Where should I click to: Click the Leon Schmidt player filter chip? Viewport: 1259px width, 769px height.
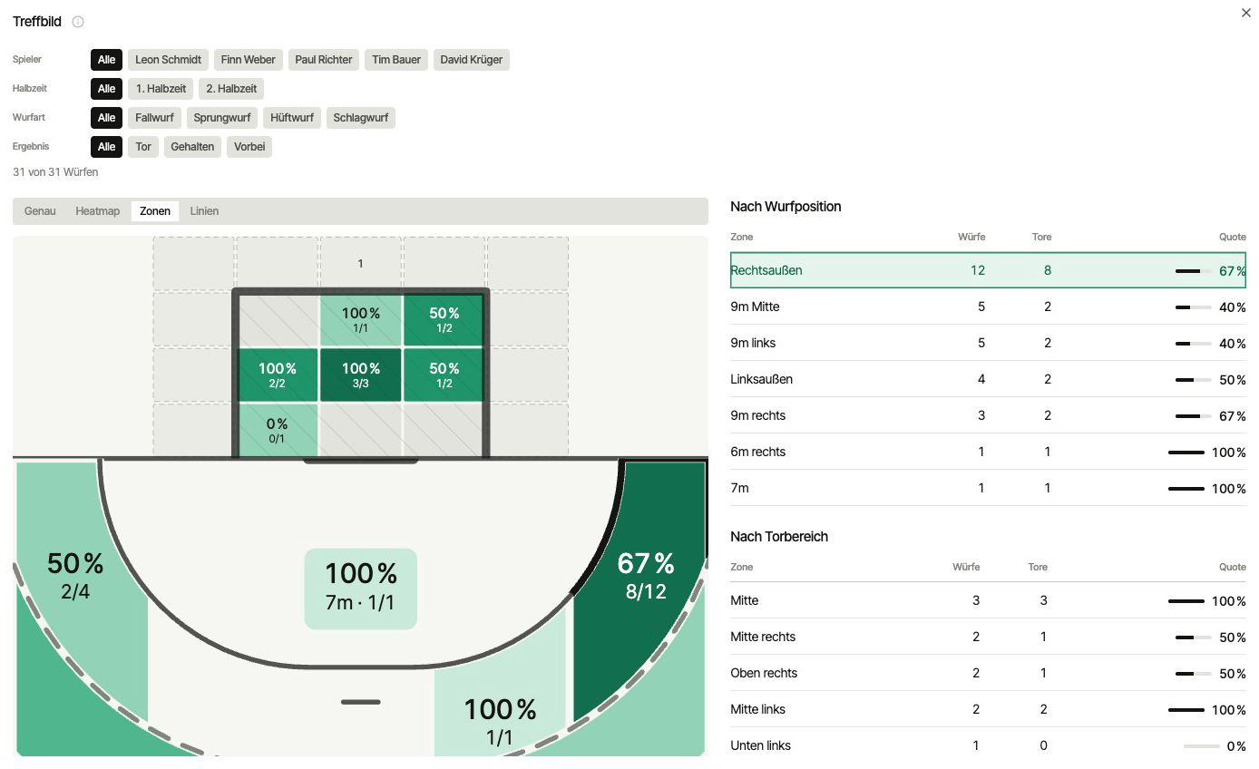tap(168, 60)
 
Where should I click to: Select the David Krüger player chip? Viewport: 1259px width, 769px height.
tap(471, 60)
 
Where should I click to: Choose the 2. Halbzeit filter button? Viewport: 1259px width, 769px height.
tap(231, 89)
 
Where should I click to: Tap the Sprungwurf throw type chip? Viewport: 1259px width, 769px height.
tap(222, 118)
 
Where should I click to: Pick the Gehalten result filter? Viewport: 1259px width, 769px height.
tap(192, 147)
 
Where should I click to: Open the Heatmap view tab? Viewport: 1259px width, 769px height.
tap(98, 211)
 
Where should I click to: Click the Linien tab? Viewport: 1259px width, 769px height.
tap(204, 211)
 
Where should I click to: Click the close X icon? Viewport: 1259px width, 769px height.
tap(1245, 13)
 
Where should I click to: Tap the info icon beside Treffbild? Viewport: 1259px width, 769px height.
tap(78, 22)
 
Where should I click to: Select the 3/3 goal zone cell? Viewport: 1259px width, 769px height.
tap(361, 375)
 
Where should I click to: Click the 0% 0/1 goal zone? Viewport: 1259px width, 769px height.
tap(278, 430)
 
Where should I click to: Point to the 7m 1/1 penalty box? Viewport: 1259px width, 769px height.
tap(361, 589)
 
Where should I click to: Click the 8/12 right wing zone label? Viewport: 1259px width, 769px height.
tap(646, 591)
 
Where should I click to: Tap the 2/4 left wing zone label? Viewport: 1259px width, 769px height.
tap(75, 591)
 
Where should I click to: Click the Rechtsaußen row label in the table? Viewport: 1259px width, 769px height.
tap(766, 271)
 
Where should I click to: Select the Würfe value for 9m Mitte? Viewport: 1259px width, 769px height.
tap(981, 307)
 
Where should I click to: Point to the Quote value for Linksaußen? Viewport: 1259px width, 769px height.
tap(1232, 380)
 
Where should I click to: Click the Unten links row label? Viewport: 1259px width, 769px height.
tap(760, 745)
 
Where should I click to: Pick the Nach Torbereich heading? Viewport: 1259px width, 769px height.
tap(779, 537)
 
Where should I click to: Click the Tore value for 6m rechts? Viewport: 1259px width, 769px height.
tap(1047, 453)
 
